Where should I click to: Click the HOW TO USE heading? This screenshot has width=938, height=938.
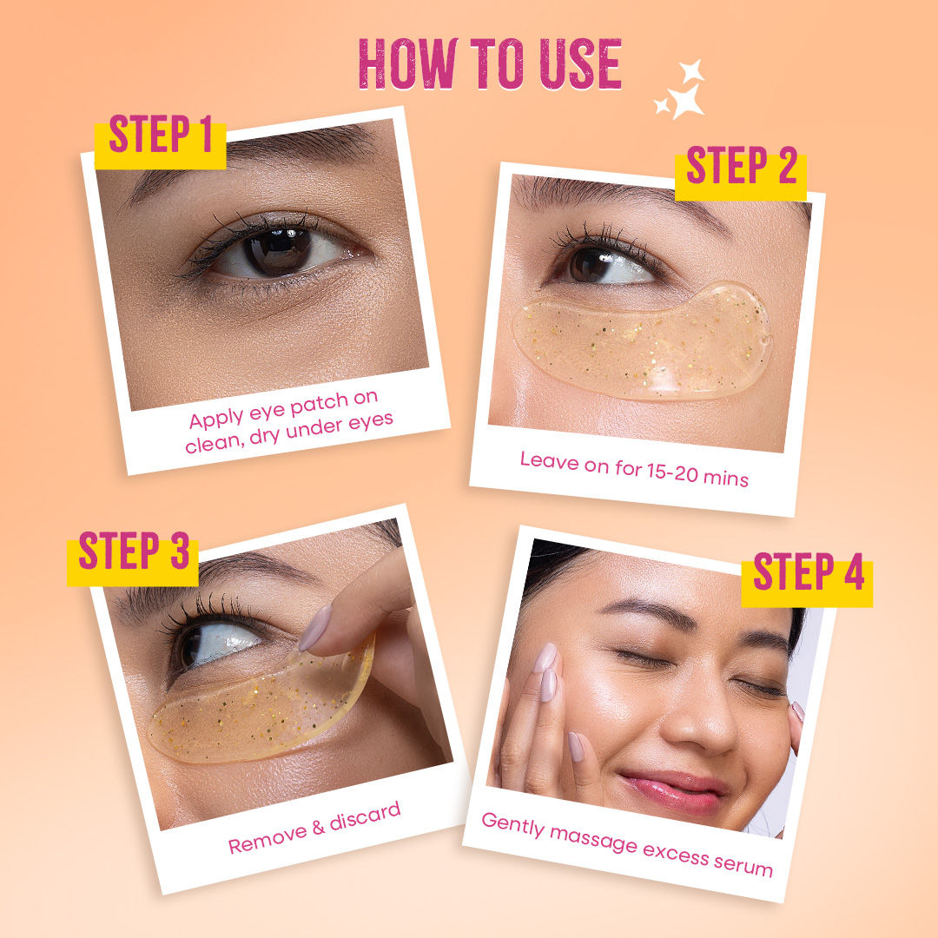click(490, 63)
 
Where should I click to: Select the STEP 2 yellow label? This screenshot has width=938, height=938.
click(741, 172)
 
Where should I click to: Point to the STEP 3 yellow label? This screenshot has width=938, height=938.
click(133, 558)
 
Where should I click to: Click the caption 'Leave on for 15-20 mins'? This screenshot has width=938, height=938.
click(634, 469)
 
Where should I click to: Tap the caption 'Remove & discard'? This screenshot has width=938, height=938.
click(314, 828)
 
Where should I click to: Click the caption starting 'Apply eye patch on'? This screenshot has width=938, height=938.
click(288, 422)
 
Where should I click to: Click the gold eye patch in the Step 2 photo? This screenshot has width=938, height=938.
click(642, 342)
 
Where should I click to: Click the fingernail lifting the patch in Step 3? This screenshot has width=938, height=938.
click(315, 628)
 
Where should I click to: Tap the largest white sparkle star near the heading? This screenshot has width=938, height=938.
click(686, 101)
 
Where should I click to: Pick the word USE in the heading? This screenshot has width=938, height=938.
click(581, 63)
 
